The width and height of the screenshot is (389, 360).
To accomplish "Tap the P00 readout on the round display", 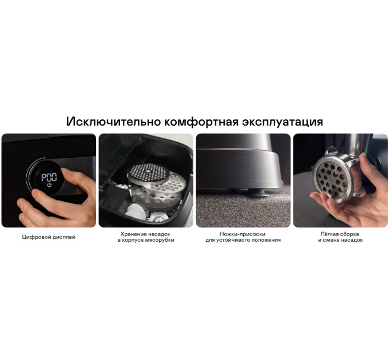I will [49, 177].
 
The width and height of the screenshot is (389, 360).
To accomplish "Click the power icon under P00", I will [49, 185].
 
